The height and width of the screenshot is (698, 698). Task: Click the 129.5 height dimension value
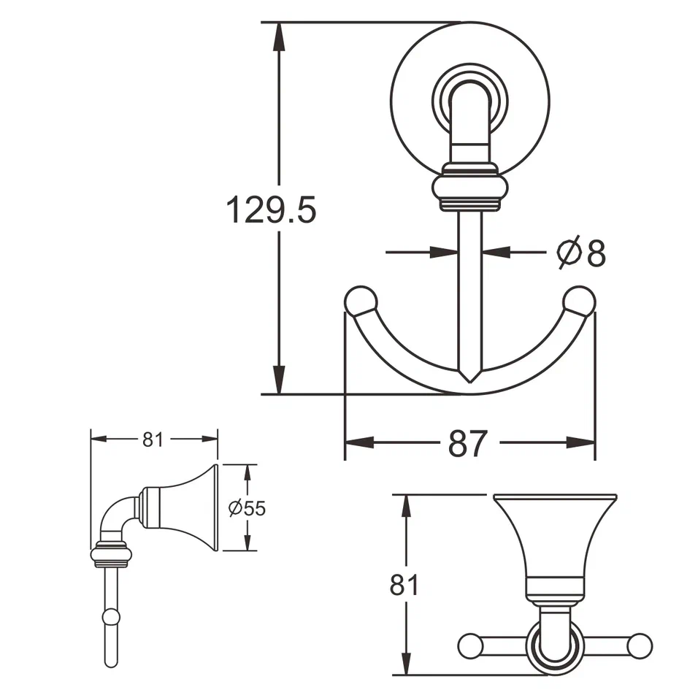click(x=270, y=210)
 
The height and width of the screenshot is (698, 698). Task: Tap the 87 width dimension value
click(x=467, y=442)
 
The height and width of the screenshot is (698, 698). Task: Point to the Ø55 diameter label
click(x=246, y=508)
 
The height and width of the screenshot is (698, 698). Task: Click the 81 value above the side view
click(x=153, y=440)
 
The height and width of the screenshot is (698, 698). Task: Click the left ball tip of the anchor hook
click(x=361, y=302)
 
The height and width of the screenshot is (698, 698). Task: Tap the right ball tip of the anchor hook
click(x=580, y=302)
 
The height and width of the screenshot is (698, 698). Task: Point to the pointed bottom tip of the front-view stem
click(x=470, y=378)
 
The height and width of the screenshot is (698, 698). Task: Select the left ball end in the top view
click(x=470, y=645)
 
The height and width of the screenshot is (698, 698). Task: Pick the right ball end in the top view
click(x=640, y=645)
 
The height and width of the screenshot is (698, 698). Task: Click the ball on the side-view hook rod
click(x=111, y=617)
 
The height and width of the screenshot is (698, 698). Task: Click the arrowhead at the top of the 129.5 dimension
click(x=278, y=34)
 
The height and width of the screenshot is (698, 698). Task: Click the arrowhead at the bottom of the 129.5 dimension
click(x=278, y=383)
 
